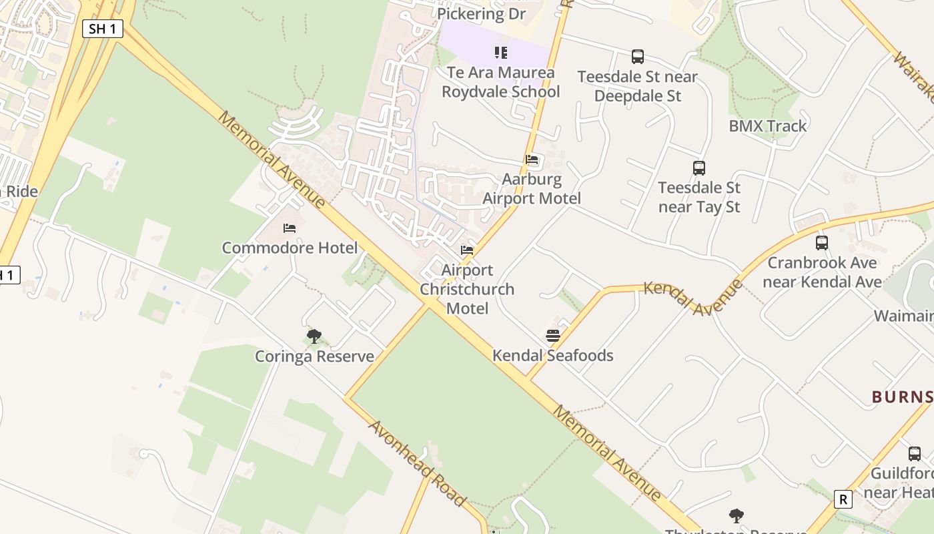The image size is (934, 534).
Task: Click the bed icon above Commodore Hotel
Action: [x=290, y=228]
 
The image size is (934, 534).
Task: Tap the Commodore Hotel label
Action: [x=290, y=248]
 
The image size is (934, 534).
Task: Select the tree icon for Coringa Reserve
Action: [x=314, y=336]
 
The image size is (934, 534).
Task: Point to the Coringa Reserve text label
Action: [x=314, y=356]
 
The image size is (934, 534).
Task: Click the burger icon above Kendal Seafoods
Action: [x=552, y=336]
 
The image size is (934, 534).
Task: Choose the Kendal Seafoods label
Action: [x=552, y=355]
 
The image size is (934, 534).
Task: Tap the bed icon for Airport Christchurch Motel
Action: [x=467, y=250]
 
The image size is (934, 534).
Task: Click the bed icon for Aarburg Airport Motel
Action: [x=532, y=160]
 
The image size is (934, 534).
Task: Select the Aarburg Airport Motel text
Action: [x=532, y=189]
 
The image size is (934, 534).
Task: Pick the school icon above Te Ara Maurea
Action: [x=501, y=53]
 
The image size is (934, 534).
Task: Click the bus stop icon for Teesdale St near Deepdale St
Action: [x=638, y=57]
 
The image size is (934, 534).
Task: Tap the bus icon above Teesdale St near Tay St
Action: [x=699, y=168]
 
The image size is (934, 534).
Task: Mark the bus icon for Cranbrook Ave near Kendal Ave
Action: [x=822, y=243]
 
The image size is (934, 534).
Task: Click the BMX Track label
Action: [x=767, y=125]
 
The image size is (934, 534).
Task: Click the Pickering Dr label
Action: [x=481, y=13]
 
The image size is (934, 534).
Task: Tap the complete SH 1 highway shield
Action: [x=103, y=29]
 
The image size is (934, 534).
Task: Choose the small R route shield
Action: [x=843, y=499]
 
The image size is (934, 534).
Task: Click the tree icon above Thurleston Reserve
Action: [x=737, y=515]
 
